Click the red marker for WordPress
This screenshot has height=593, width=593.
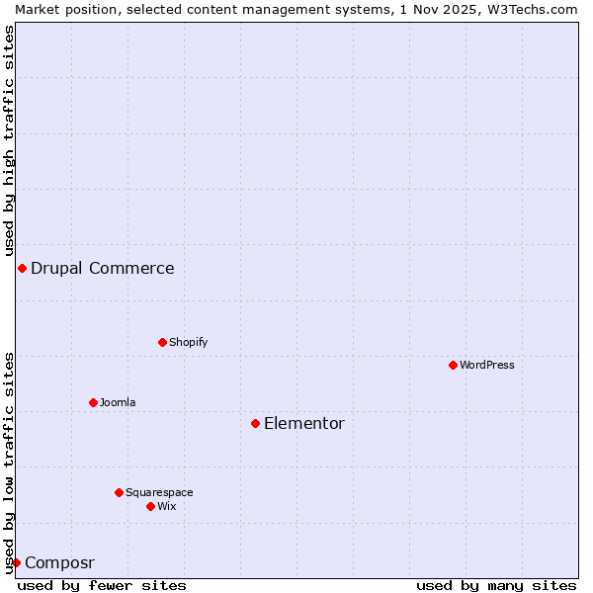pyautogui.click(x=453, y=365)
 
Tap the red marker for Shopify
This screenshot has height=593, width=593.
pyautogui.click(x=162, y=342)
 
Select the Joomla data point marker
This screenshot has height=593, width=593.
pyautogui.click(x=93, y=402)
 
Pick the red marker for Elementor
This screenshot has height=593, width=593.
pyautogui.click(x=255, y=423)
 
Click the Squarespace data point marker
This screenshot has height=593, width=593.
pyautogui.click(x=119, y=492)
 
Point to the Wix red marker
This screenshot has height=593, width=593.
pyautogui.click(x=150, y=506)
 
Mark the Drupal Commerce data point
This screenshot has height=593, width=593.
pyautogui.click(x=22, y=268)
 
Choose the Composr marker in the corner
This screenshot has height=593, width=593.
pyautogui.click(x=16, y=562)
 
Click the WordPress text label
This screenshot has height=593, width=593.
pyautogui.click(x=487, y=365)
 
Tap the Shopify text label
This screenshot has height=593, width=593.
pyautogui.click(x=188, y=342)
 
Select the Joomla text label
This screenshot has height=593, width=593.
pyautogui.click(x=118, y=402)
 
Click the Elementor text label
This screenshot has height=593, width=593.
pyautogui.click(x=304, y=424)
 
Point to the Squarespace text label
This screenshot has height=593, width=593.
pyautogui.click(x=159, y=492)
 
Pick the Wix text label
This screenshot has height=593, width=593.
pyautogui.click(x=167, y=506)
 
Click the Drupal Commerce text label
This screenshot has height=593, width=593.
pyautogui.click(x=103, y=268)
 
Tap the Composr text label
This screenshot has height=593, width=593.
pyautogui.click(x=59, y=563)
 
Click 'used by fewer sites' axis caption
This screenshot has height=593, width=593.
pyautogui.click(x=102, y=585)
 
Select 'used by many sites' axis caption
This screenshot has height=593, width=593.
pyautogui.click(x=496, y=585)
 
